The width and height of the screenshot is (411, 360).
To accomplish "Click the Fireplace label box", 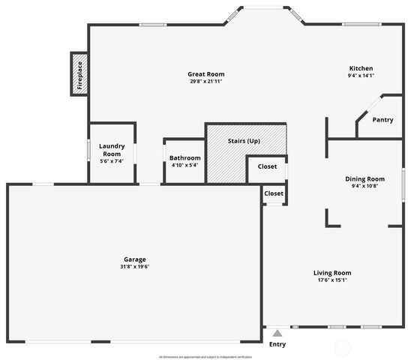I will point(79,73).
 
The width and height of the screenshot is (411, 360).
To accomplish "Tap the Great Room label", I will point(205,74).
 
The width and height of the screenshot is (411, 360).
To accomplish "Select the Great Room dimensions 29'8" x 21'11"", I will point(205,81).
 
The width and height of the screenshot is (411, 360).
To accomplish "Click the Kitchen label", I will point(361,68).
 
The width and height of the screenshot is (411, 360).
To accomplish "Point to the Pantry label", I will point(382,119).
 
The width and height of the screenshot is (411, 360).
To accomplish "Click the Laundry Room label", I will point(112,150).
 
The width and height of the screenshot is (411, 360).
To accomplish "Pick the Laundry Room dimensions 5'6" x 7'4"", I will point(112,161).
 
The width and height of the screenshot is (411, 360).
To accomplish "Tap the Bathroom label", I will point(184,158).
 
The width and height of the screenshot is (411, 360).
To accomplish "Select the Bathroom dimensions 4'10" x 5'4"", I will point(184,165).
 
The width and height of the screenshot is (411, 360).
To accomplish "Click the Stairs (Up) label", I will point(244,141).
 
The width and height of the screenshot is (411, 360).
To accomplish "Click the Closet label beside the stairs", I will point(267,166).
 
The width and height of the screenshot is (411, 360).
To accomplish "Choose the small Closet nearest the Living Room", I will point(274,193).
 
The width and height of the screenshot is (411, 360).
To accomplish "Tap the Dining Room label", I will point(365,178).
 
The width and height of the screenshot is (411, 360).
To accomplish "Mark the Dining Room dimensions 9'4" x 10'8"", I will point(365,186).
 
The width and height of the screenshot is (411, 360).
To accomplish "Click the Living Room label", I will point(332,273).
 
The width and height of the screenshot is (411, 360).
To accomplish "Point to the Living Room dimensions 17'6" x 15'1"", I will point(332,280).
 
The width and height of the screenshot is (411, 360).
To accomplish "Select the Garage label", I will point(135,259).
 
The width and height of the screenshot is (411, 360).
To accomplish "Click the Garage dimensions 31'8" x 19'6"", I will point(135,267).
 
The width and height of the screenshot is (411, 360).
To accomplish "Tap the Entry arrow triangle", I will point(277,332).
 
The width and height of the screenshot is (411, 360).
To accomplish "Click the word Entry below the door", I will point(277,345).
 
